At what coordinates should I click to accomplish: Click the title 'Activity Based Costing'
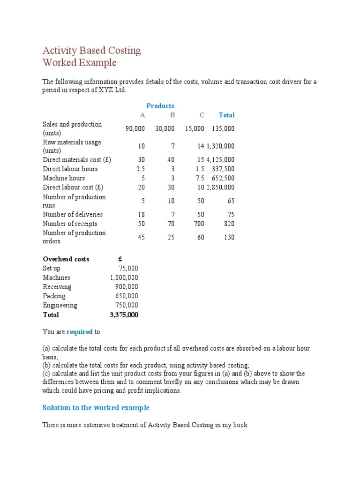(x=91, y=51)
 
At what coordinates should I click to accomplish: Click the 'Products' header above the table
(x=160, y=106)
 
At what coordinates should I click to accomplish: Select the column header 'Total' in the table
(x=226, y=115)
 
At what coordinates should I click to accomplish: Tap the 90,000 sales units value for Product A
(x=135, y=128)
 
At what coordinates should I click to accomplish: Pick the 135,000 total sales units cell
(x=223, y=128)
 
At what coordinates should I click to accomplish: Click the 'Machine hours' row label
(x=64, y=178)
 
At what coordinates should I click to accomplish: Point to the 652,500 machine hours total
(x=223, y=178)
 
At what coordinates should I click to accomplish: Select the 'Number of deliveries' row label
(x=73, y=214)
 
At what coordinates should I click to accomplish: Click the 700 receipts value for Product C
(x=199, y=224)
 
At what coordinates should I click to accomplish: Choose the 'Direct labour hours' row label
(x=70, y=169)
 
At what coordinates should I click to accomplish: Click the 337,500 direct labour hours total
(x=223, y=169)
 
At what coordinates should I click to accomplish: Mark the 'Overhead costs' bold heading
(x=66, y=259)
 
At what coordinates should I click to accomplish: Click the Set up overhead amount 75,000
(x=128, y=269)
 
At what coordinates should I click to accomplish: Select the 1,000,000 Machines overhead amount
(x=124, y=277)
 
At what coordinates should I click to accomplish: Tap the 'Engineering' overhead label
(x=60, y=305)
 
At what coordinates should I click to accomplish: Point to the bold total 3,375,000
(x=124, y=315)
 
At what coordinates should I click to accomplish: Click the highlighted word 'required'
(x=79, y=332)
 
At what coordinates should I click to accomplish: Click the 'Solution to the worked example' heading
(x=96, y=408)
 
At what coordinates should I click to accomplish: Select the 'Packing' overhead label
(x=54, y=296)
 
